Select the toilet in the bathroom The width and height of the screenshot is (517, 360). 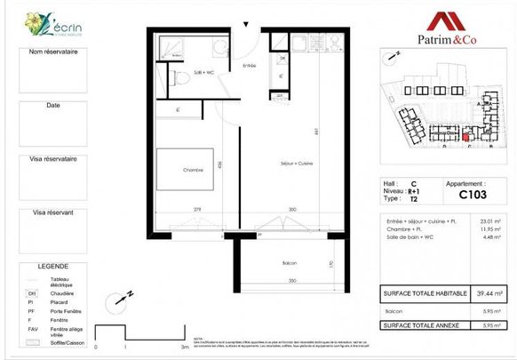[182, 80]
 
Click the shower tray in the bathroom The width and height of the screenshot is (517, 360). [170, 49]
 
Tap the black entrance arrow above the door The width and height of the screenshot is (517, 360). [246, 26]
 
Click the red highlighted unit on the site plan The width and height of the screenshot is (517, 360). [467, 137]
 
